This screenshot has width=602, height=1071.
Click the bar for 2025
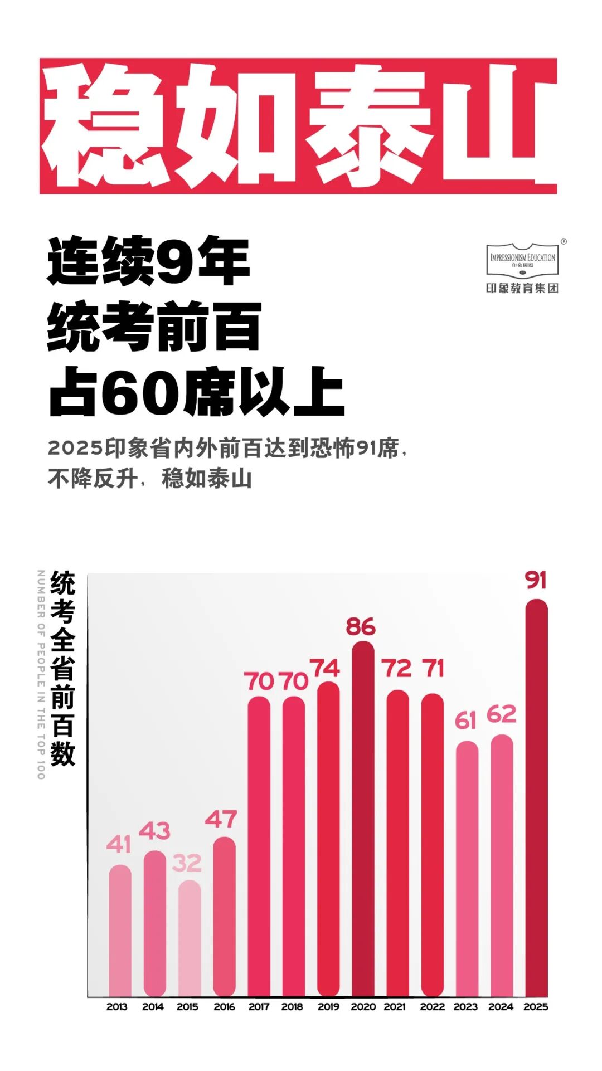(536, 797)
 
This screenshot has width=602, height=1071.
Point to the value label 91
(536, 580)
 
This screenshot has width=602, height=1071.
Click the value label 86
(361, 627)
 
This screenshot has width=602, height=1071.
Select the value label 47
(221, 819)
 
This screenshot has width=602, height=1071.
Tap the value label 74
(324, 668)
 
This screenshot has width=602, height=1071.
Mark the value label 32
(187, 863)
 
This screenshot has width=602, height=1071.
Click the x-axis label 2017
(259, 1007)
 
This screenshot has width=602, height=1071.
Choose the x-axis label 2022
(432, 1007)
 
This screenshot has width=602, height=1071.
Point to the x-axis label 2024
(501, 1007)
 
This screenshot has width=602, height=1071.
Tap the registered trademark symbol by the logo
(564, 242)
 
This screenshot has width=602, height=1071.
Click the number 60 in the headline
(143, 392)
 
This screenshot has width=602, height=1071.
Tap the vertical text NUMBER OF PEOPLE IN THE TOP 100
(41, 674)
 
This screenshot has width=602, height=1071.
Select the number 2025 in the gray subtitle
(76, 448)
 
